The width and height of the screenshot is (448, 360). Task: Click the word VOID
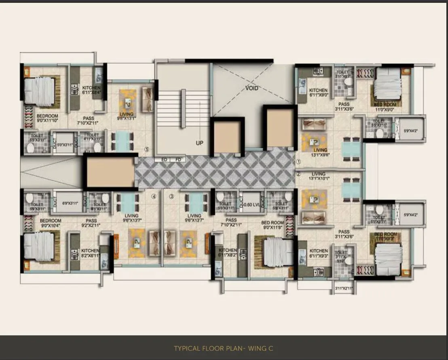251,88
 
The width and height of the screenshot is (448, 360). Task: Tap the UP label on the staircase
199,143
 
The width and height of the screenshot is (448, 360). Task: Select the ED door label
164,160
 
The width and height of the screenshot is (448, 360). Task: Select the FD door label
178,160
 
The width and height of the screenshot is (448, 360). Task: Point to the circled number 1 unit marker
298,161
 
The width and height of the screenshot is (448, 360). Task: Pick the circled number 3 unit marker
171,197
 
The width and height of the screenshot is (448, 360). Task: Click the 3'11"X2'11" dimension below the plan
344,288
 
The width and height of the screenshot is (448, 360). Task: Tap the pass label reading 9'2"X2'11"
91,223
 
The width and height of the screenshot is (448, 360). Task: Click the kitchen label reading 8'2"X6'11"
89,253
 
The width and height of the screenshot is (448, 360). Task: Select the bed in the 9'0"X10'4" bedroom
39,246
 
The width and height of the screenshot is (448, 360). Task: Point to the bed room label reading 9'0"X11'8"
273,225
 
